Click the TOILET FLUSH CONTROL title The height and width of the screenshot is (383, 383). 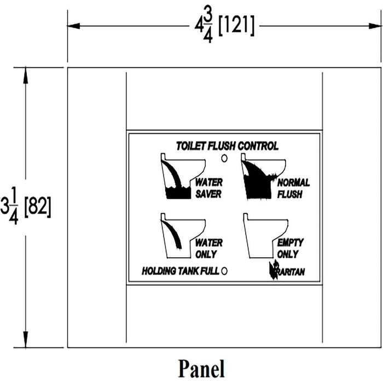coord(227,146)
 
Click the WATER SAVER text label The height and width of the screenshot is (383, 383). coord(209,188)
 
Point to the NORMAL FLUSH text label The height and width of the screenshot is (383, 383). coord(293,188)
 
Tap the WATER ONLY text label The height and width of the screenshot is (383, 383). coord(209,248)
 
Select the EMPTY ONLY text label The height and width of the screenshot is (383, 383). coord(291,248)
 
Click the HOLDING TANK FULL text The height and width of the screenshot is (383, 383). coord(181,271)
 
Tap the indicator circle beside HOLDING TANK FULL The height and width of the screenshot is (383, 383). coord(224,271)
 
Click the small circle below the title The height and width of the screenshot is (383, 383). coord(224,158)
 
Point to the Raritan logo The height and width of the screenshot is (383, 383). coord(287,270)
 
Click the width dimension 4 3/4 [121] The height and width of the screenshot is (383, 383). coord(224,25)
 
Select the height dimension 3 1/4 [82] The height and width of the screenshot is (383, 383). coord(26,206)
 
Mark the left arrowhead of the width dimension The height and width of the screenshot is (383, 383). coord(73,26)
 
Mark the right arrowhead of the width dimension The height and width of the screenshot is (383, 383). coord(375,26)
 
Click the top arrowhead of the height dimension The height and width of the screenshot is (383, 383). coord(26,74)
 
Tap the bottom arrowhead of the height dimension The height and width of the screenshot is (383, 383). coord(26,340)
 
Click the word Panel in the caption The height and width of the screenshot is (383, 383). coord(201,369)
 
